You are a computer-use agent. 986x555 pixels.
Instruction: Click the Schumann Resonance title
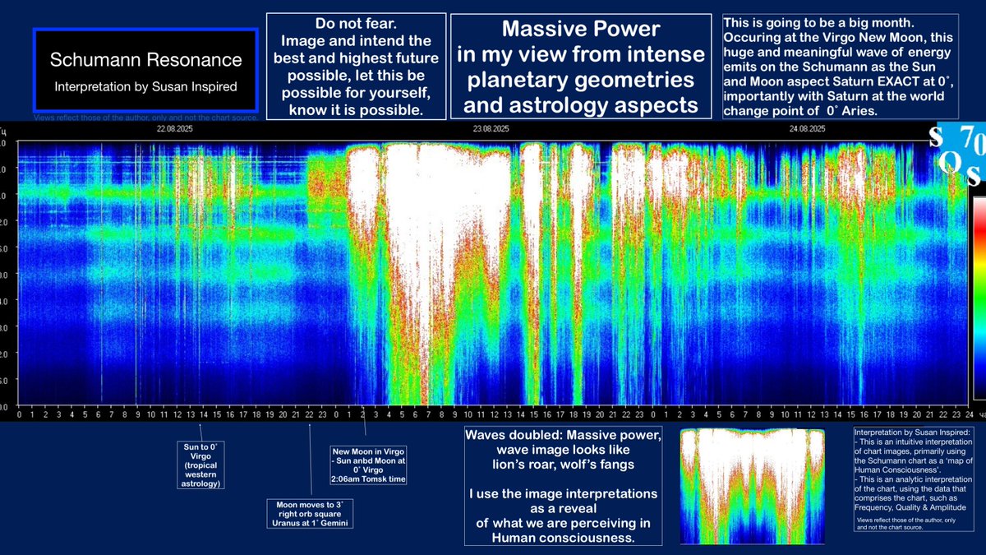point(145,60)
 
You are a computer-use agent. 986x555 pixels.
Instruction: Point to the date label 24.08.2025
point(807,128)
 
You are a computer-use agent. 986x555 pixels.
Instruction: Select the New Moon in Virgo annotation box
point(369,465)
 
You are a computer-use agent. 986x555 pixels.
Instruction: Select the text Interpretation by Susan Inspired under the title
point(145,86)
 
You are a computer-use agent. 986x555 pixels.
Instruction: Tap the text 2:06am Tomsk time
point(370,479)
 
